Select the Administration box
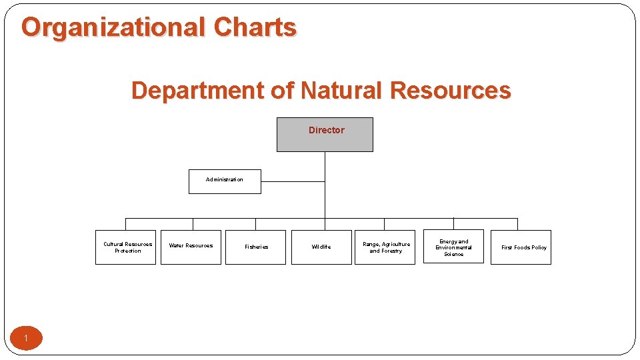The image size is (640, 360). point(225,181)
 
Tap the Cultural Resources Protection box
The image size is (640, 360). point(125,247)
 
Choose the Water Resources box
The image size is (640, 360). point(191,247)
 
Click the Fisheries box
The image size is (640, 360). point(255,247)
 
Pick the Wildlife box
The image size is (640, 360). point(321,247)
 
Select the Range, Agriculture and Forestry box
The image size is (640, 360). point(386,247)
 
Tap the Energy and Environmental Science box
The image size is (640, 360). point(453,247)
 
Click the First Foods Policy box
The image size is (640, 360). point(521,247)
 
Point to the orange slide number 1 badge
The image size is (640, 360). point(26,338)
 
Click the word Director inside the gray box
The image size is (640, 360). point(327,130)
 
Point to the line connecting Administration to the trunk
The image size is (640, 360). point(293,181)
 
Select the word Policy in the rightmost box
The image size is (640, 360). point(539,247)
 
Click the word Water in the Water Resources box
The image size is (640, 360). point(176,245)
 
